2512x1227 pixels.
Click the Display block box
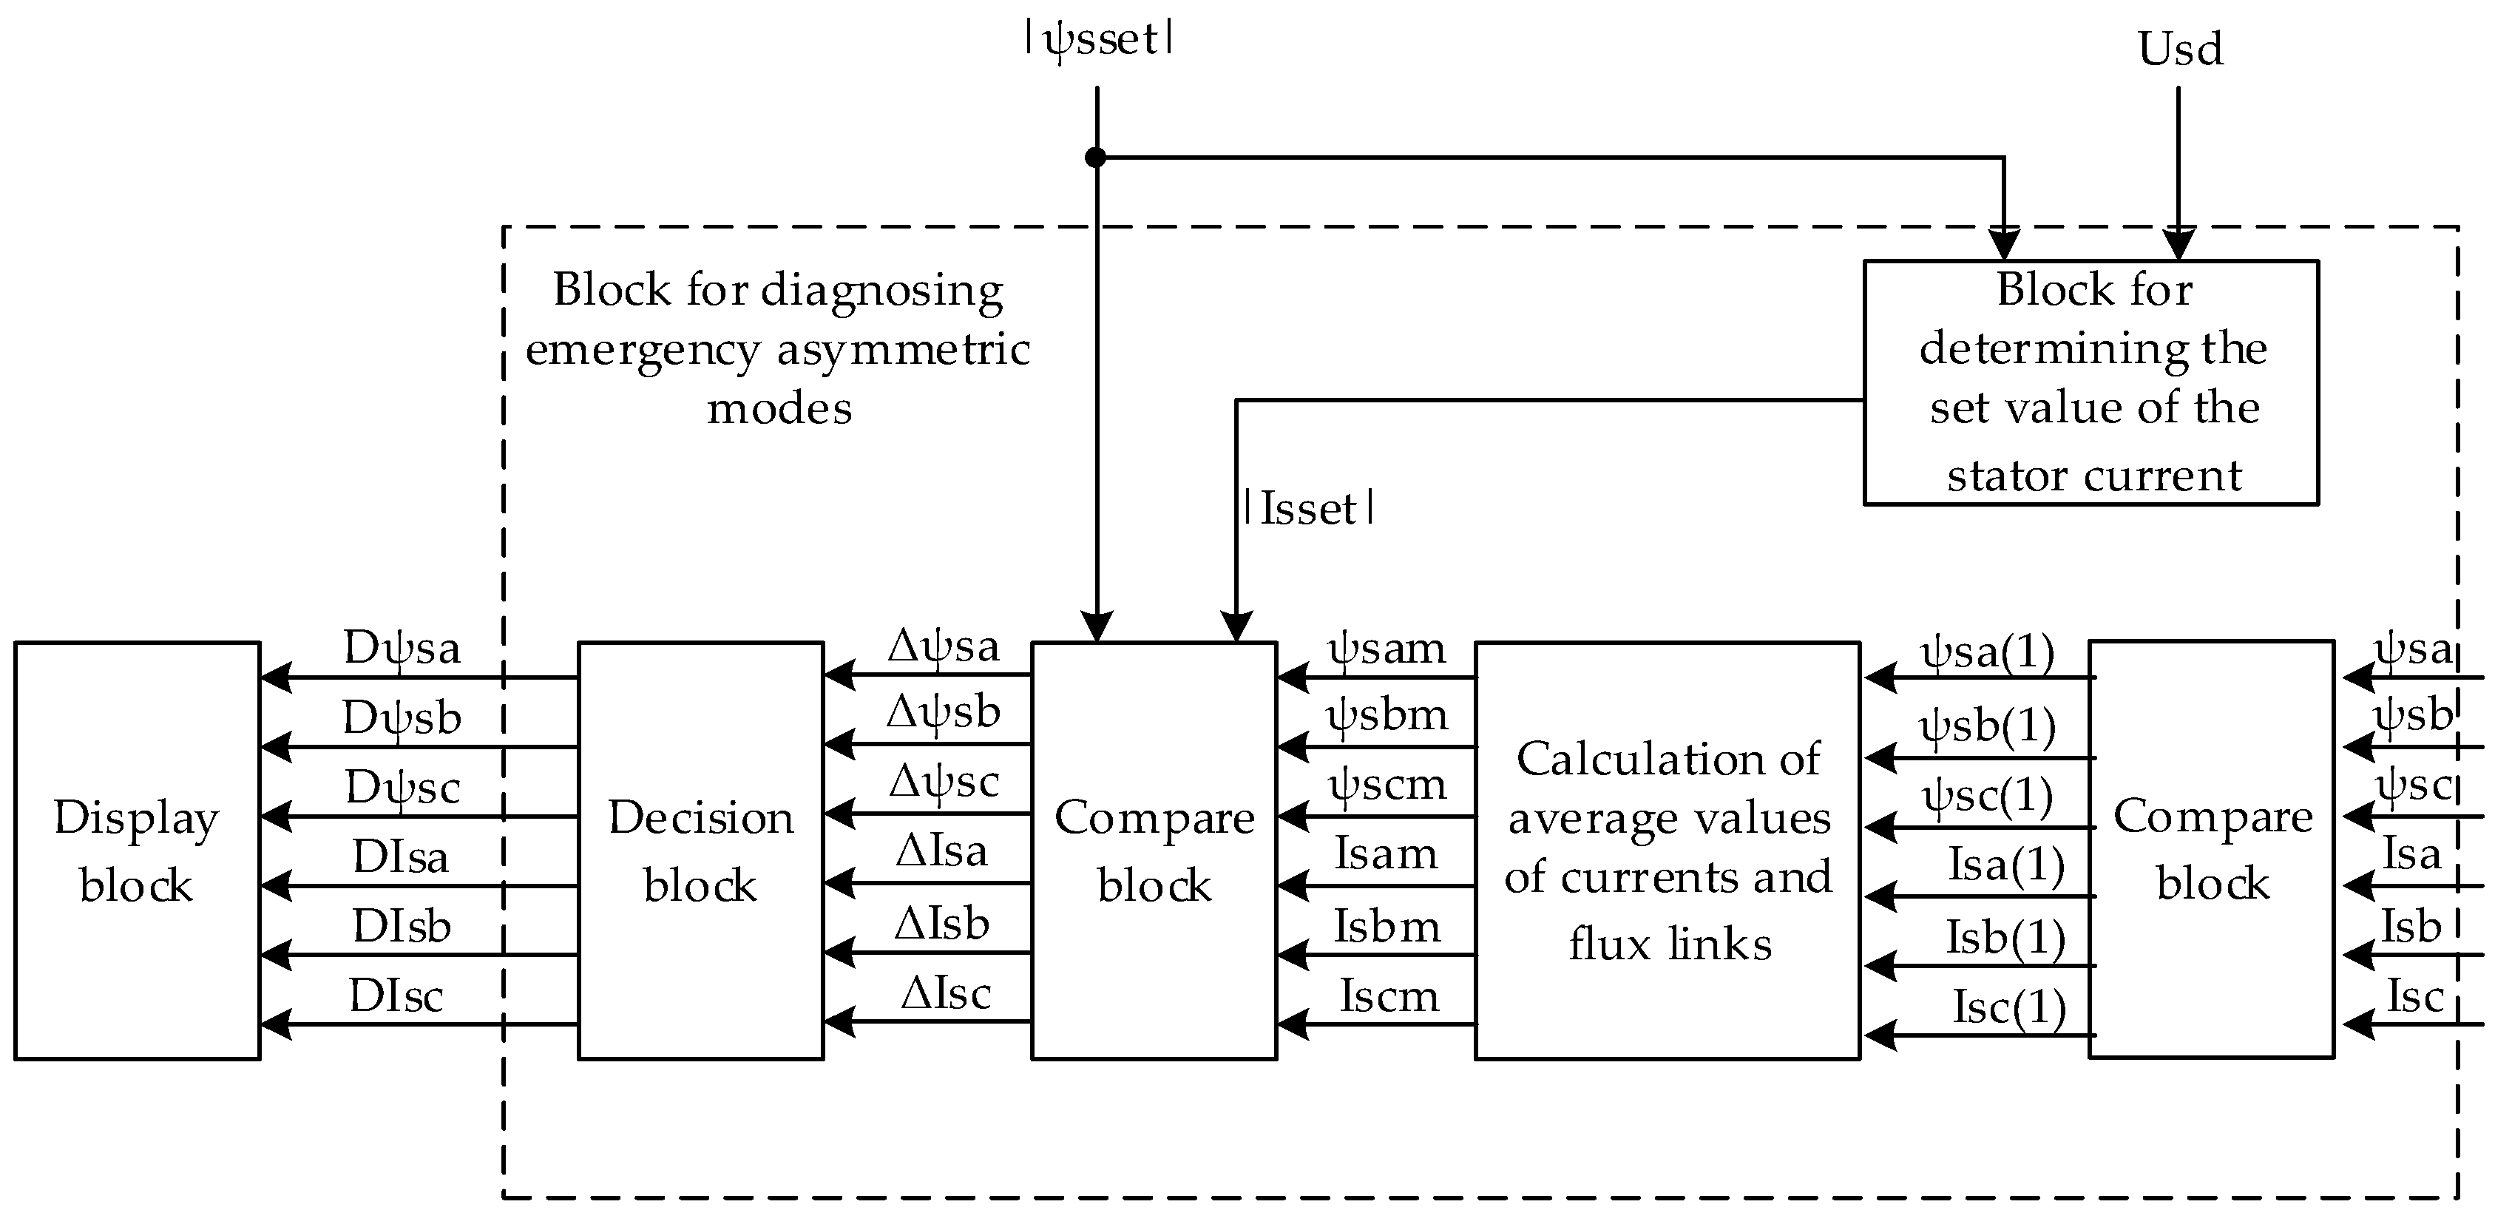[x=137, y=850]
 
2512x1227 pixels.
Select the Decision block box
[x=700, y=850]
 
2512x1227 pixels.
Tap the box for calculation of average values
[x=1668, y=850]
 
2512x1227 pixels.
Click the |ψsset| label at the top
[x=1098, y=40]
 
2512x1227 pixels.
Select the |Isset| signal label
[x=1309, y=509]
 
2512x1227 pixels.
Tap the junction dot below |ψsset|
[x=1096, y=157]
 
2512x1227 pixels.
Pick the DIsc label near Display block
[x=396, y=996]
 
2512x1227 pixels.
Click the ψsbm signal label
[x=1387, y=716]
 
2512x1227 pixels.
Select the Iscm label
[x=1389, y=996]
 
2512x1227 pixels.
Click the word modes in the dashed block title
[x=779, y=408]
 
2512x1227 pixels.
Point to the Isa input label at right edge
[x=2411, y=854]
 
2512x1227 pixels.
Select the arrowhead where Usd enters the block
[x=2178, y=244]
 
